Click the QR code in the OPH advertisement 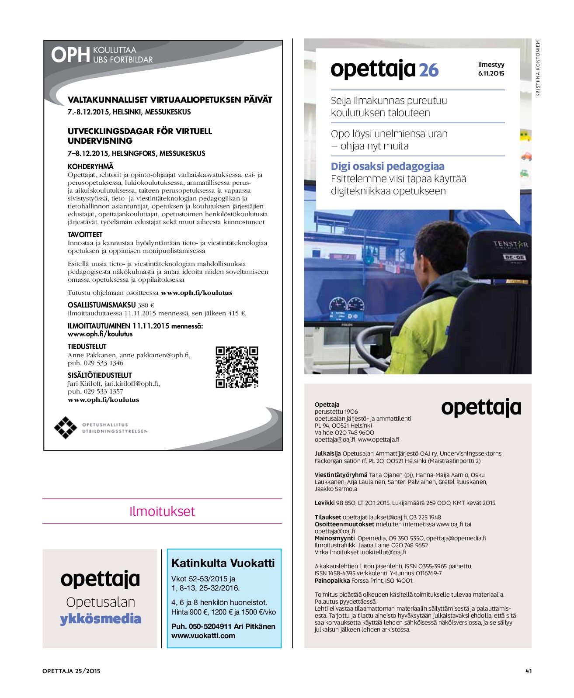click(x=237, y=367)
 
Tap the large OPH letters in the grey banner click(x=70, y=55)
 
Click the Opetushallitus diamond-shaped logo click(x=65, y=427)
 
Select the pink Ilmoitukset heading click(x=162, y=511)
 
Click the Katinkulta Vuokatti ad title click(x=223, y=563)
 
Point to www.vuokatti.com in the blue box click(x=203, y=636)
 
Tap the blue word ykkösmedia click(x=101, y=619)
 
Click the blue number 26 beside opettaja click(x=428, y=70)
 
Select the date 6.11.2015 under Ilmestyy click(x=491, y=73)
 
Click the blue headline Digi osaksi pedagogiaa click(x=387, y=166)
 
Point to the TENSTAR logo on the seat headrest click(x=511, y=244)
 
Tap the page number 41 click(x=528, y=671)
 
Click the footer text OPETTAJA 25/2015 click(x=71, y=671)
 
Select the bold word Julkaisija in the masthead click(x=327, y=453)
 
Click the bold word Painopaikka click(x=332, y=581)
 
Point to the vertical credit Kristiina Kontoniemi click(x=538, y=68)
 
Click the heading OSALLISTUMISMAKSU click(x=101, y=305)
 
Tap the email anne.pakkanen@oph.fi click(x=154, y=355)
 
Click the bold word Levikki click(x=324, y=503)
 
